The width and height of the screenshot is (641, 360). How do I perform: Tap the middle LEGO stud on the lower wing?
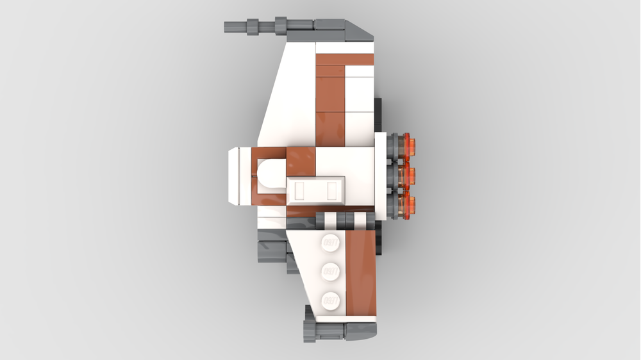click(x=330, y=271)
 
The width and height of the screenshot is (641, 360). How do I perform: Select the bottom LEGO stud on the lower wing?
click(x=330, y=299)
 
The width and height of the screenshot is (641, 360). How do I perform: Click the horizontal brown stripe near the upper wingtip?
click(x=345, y=58)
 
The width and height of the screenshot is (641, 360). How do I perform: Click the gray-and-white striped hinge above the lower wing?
click(x=346, y=222)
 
